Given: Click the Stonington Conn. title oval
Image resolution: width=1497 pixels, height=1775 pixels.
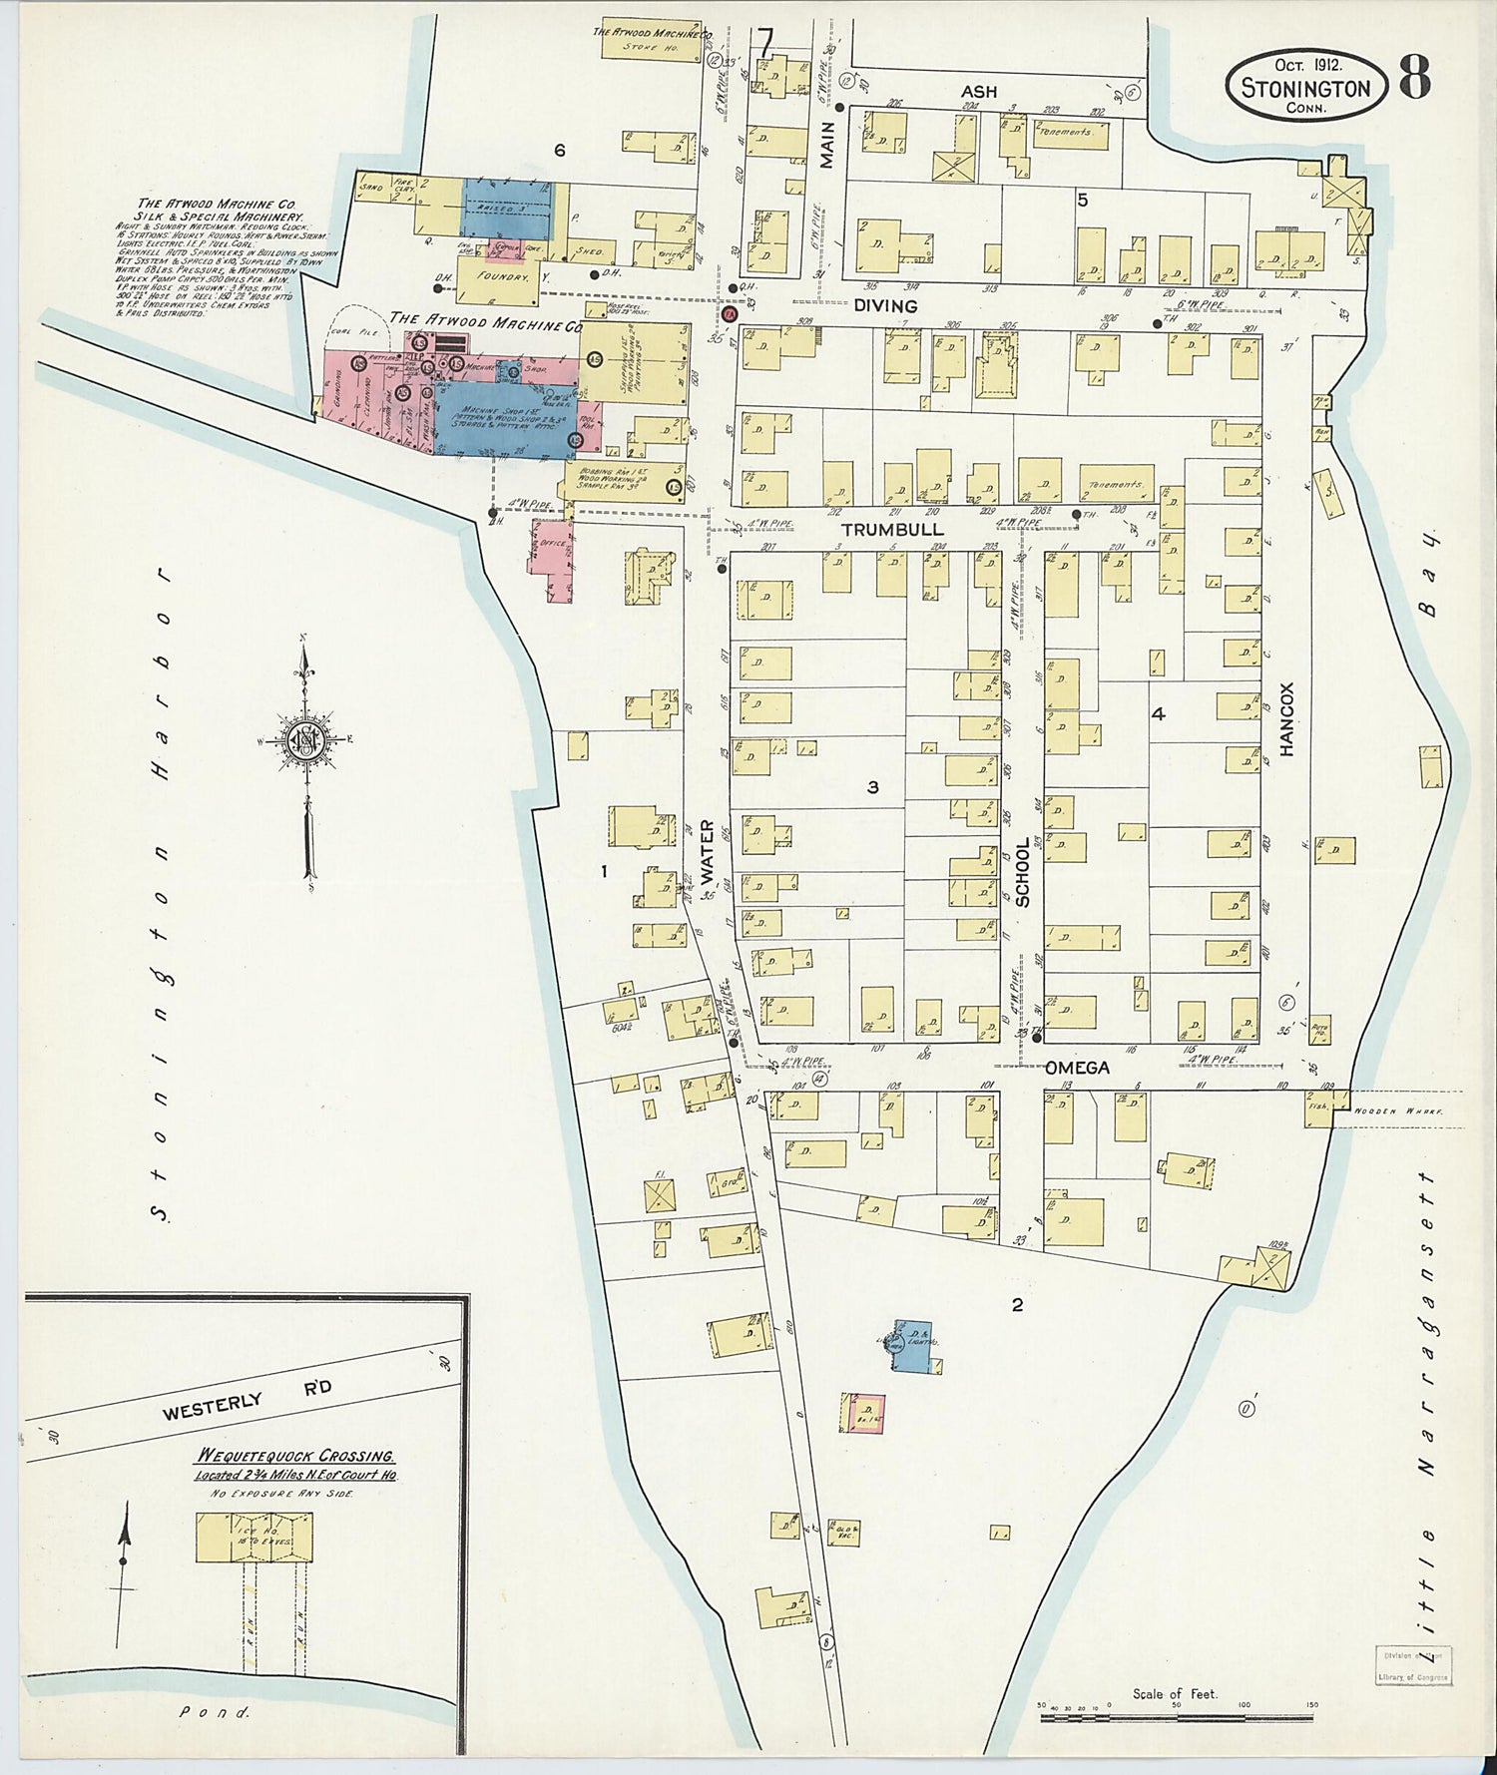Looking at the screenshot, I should tap(1305, 87).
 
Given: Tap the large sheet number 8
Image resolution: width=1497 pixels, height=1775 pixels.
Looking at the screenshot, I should tap(1415, 78).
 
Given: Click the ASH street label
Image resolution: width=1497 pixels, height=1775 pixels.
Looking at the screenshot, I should tap(979, 92).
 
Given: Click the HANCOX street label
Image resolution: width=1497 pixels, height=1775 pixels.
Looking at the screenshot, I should tap(1286, 718).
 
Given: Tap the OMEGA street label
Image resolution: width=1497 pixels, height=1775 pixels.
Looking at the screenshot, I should tap(1077, 1068).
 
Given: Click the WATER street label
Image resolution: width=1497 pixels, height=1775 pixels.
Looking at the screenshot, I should tap(708, 853).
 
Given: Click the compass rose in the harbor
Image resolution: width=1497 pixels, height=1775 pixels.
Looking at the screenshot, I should tap(304, 741).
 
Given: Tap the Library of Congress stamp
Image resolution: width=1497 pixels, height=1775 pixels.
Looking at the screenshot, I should tap(1412, 1668).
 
